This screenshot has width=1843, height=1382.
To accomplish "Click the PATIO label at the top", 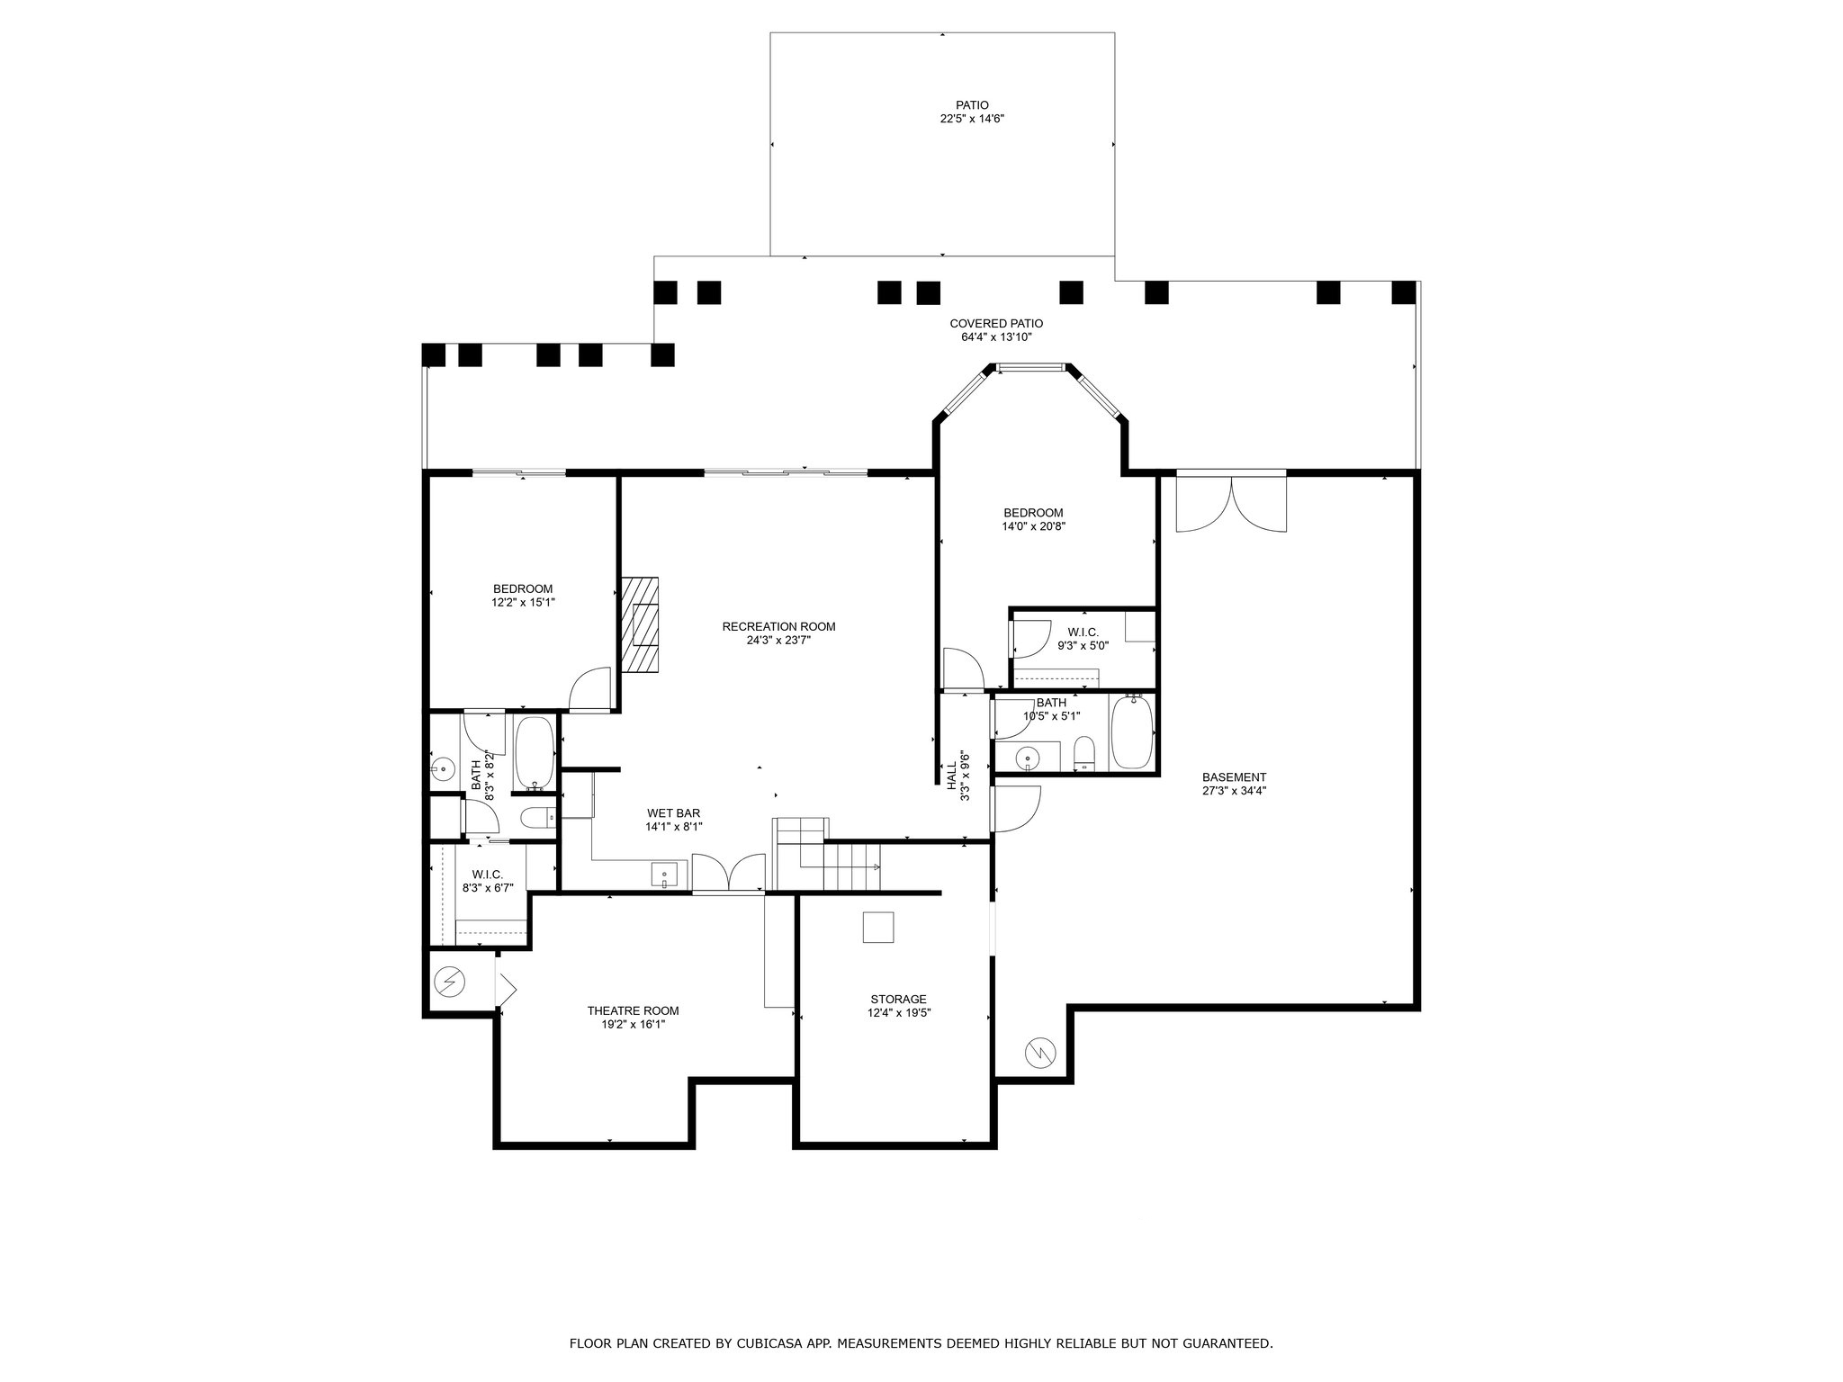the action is [x=972, y=105].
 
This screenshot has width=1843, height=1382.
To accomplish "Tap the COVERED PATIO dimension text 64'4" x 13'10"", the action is [x=996, y=337].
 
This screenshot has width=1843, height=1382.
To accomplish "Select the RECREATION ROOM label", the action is [x=778, y=627].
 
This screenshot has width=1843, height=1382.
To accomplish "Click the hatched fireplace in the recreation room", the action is [x=639, y=624].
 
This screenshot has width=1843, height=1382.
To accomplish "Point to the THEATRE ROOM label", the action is [x=633, y=1010].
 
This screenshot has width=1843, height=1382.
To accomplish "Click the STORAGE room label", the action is [x=898, y=1000].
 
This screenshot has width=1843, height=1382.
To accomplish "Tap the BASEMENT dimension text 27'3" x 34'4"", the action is [x=1234, y=791].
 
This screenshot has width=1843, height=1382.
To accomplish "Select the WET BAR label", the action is [x=673, y=813].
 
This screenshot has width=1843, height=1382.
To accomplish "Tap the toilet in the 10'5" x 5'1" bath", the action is [x=1084, y=754].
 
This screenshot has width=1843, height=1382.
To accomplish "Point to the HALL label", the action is [x=951, y=776].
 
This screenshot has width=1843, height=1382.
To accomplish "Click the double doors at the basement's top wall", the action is [x=1231, y=501].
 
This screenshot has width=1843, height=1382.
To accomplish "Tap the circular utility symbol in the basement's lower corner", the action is [x=1040, y=1052].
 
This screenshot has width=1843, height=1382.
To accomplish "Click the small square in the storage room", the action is [x=878, y=927].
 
